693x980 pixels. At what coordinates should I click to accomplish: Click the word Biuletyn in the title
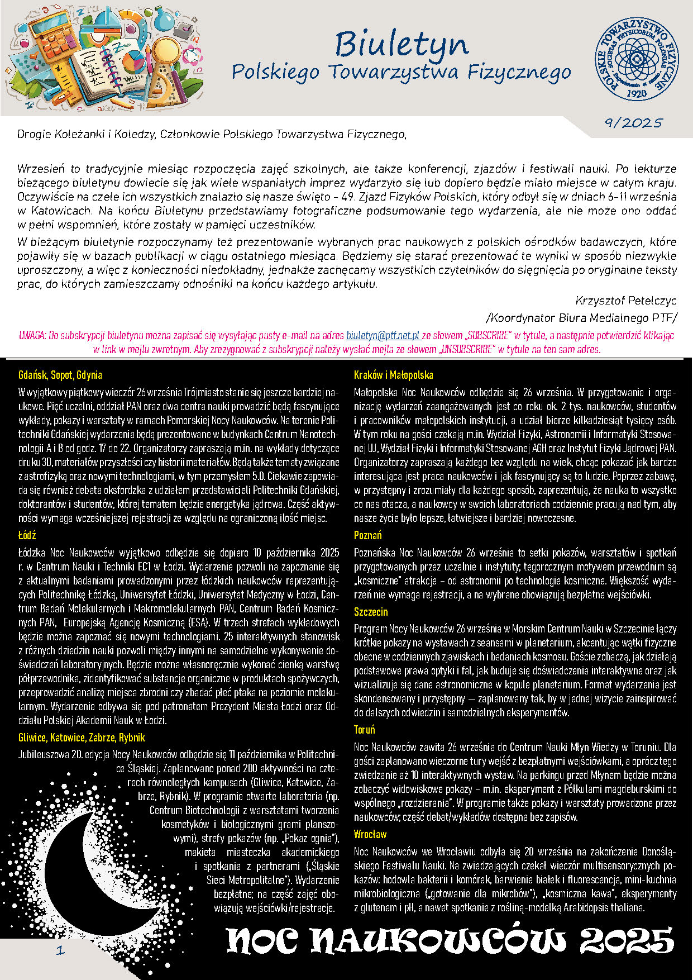coord(402,44)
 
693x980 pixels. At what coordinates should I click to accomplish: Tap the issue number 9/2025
coord(633,123)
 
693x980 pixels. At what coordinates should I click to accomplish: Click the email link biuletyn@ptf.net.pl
coord(383,336)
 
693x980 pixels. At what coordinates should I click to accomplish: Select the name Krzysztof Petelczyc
coord(626,301)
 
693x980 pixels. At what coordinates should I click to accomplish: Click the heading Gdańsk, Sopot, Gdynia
coord(60,375)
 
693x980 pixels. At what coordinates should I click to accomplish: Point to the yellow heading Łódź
coord(27,535)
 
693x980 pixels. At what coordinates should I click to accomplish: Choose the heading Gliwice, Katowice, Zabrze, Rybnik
coord(82,738)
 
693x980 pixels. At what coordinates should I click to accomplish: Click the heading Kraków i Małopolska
coord(394,375)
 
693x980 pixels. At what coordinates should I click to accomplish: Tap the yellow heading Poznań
coord(367,535)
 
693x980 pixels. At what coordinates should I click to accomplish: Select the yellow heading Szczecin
coord(371,612)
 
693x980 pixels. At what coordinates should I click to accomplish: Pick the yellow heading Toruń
coord(365,730)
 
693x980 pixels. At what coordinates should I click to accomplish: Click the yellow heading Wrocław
coord(370,834)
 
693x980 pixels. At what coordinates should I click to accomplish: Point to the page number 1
coord(60,950)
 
